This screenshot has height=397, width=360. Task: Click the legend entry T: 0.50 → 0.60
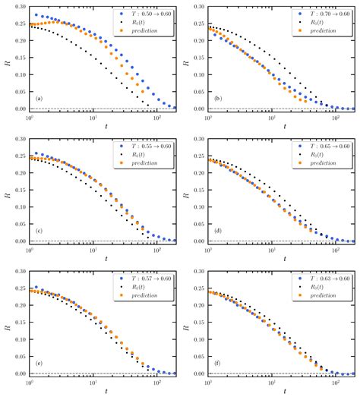(x=153, y=14)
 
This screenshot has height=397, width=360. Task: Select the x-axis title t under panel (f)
(x=270, y=391)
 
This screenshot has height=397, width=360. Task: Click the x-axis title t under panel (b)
(x=270, y=128)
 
